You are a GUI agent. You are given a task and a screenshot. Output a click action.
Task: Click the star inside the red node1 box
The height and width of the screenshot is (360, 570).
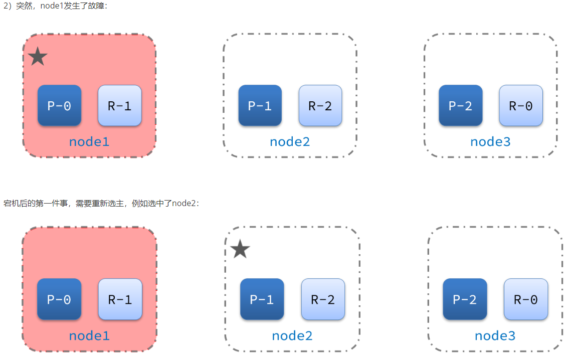[x=38, y=56]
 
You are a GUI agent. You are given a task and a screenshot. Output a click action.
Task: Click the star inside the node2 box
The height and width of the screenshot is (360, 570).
[x=240, y=249]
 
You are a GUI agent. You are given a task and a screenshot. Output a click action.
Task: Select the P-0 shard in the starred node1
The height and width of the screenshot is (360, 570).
[x=59, y=105]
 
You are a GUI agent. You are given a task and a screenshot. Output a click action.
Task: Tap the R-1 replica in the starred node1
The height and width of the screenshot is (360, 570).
[x=120, y=105]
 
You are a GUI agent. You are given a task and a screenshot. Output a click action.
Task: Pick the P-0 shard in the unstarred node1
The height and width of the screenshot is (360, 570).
[x=59, y=299]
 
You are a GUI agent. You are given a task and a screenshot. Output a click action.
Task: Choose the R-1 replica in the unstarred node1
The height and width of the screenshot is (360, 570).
[x=120, y=299]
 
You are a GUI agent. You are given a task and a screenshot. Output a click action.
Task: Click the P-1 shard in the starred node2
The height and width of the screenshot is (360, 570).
[x=262, y=299]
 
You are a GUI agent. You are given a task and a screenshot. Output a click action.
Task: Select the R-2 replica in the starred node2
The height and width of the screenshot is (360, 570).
[x=323, y=299]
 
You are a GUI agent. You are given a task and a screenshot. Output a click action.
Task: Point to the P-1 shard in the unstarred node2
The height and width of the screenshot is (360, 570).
[x=260, y=105]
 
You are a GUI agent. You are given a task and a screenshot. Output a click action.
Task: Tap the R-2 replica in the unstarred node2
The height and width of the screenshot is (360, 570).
[x=320, y=105]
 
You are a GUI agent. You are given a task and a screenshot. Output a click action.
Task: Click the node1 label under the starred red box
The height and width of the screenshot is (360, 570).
[x=89, y=141]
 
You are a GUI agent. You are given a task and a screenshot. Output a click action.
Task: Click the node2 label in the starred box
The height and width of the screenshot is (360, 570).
[x=292, y=335]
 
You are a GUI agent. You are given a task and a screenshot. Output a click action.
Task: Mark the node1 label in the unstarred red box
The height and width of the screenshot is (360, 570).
[x=89, y=335]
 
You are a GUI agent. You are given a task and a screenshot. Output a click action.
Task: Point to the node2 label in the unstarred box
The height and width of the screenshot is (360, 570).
[x=290, y=141]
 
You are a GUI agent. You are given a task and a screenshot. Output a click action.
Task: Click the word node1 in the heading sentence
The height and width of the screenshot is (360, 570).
[x=52, y=6]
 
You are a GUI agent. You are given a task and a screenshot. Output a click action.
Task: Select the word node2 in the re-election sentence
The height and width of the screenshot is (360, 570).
[x=183, y=203]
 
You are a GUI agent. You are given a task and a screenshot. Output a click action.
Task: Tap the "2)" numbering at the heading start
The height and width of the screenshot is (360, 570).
[x=8, y=6]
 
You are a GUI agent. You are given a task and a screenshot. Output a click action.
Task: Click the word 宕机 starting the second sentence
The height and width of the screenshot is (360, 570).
[x=11, y=203]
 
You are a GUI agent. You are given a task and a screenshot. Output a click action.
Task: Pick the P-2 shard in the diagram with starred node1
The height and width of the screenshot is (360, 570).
[x=461, y=105]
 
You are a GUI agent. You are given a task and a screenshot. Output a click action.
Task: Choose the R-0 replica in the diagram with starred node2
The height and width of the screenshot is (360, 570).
[x=526, y=299]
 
